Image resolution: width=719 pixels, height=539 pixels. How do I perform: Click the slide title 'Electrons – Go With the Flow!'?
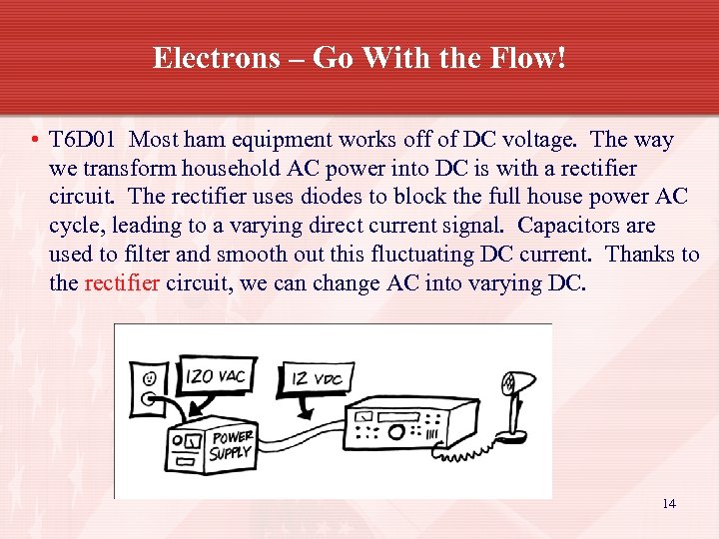(x=359, y=58)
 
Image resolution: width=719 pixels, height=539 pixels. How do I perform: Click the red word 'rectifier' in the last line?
(x=122, y=283)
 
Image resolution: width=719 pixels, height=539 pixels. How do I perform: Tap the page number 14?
(x=668, y=503)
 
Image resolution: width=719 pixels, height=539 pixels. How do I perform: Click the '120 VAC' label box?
(x=216, y=378)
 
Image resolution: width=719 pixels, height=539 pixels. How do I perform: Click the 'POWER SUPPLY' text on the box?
(x=232, y=445)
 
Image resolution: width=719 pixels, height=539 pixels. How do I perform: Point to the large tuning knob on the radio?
(x=396, y=432)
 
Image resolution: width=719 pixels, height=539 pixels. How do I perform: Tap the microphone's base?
(x=517, y=435)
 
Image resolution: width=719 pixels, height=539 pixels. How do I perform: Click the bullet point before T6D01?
(x=34, y=141)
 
